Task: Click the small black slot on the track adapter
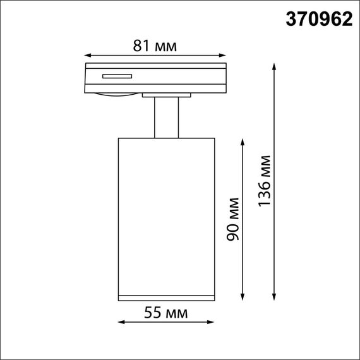(117, 77)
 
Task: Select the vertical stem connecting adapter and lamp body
(166, 117)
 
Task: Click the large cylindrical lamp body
(166, 215)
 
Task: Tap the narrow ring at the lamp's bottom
(166, 297)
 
